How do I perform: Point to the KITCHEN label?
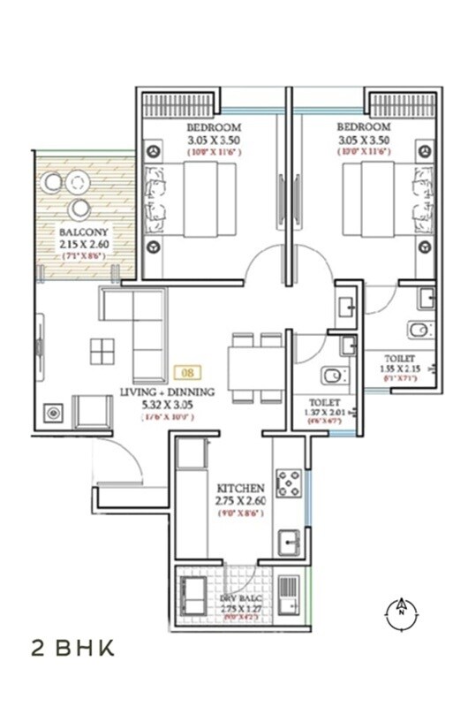(240, 488)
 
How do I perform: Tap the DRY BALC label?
(240, 598)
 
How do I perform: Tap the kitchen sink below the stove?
(289, 541)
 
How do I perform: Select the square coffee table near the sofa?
(102, 351)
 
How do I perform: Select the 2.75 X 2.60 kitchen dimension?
(240, 502)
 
